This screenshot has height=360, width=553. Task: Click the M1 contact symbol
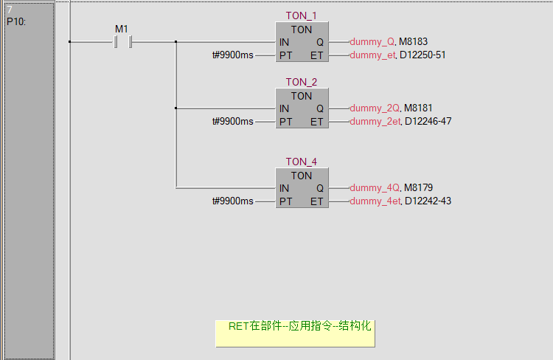(x=122, y=42)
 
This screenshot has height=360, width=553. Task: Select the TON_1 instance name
(x=301, y=16)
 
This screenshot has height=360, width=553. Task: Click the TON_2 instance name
(x=301, y=83)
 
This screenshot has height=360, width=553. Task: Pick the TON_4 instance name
(x=301, y=162)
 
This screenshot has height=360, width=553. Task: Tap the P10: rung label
(x=16, y=22)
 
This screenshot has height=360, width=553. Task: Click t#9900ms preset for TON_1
(x=232, y=55)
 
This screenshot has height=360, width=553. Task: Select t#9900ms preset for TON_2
(x=232, y=122)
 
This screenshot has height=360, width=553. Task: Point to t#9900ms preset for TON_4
(x=232, y=201)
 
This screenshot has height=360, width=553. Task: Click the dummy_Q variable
(x=372, y=42)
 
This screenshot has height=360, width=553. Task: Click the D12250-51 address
(x=422, y=55)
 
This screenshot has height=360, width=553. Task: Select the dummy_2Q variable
(x=375, y=108)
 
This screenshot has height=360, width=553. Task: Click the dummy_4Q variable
(x=375, y=188)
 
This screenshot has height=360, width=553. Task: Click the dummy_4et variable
(x=375, y=201)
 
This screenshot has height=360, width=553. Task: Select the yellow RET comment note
(x=295, y=333)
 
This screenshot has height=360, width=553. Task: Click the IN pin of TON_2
(x=284, y=108)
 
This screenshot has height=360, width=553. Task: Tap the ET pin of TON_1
(x=316, y=55)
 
